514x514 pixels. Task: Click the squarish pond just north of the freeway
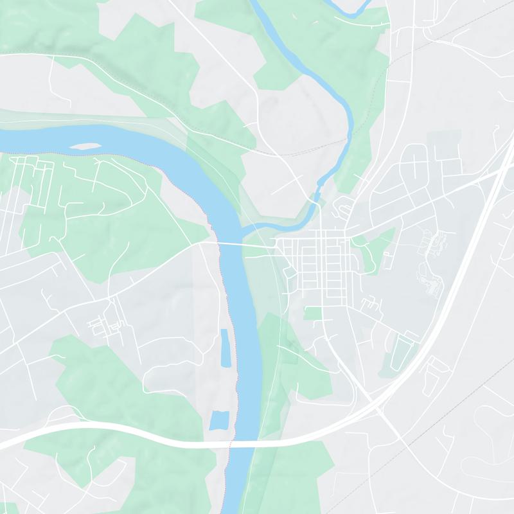click(x=219, y=421)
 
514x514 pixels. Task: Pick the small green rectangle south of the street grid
click(x=313, y=313)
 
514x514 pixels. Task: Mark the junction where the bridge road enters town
click(x=277, y=245)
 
